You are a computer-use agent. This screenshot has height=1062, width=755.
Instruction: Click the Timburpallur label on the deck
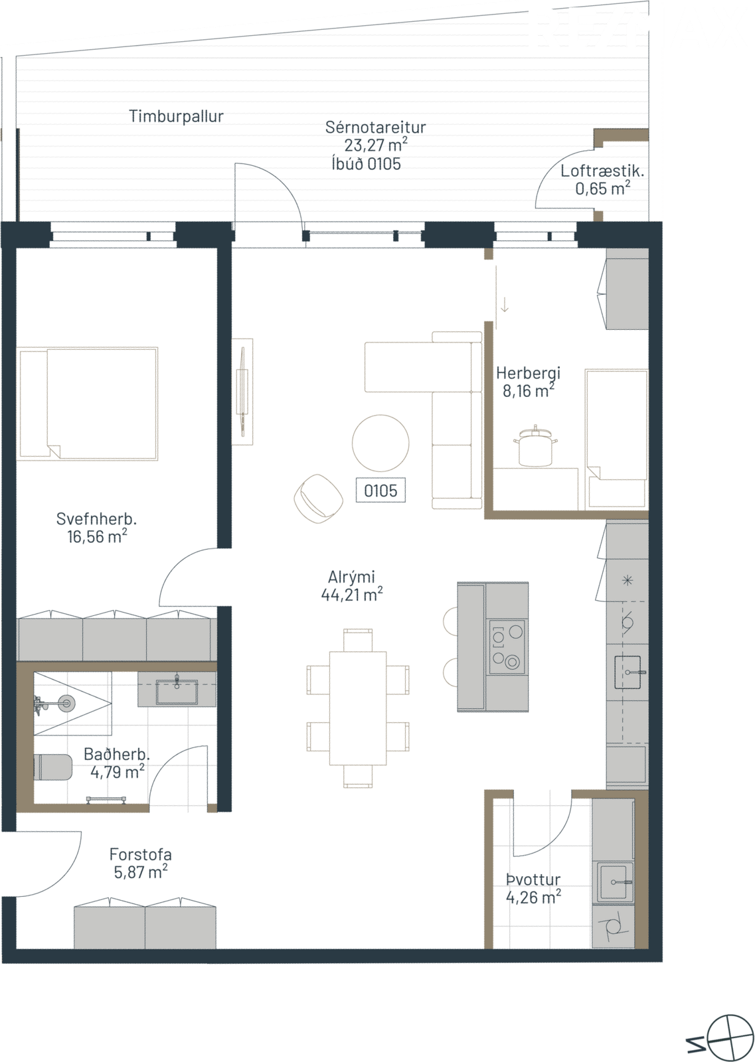point(176,117)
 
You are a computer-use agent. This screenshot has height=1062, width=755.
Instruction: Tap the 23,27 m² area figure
point(376,145)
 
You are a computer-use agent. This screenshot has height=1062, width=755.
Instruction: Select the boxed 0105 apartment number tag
point(380,491)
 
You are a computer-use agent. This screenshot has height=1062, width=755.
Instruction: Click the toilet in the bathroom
point(52,767)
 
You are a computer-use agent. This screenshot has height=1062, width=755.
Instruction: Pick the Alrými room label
point(351,577)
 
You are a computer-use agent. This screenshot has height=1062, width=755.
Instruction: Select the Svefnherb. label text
point(96,519)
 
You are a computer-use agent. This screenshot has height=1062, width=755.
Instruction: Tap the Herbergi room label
point(529,373)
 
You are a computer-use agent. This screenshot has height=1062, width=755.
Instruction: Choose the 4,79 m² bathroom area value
point(118,773)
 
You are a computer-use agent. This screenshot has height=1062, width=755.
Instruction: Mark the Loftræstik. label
point(602,171)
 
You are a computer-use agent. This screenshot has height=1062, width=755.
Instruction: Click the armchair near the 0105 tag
point(319,496)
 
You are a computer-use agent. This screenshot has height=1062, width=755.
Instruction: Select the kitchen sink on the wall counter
point(628,672)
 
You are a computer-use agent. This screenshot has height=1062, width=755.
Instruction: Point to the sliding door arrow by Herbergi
point(505,304)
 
